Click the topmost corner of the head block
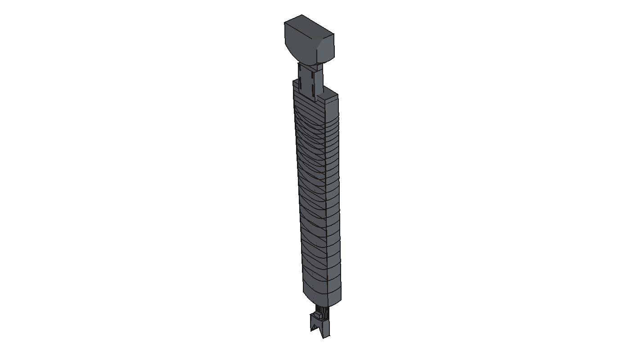coord(301,15)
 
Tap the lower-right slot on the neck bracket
coord(313,90)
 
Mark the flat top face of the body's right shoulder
coord(328,95)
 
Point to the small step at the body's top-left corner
coord(295,82)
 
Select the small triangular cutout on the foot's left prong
coord(314,327)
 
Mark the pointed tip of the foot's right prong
coord(324,338)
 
